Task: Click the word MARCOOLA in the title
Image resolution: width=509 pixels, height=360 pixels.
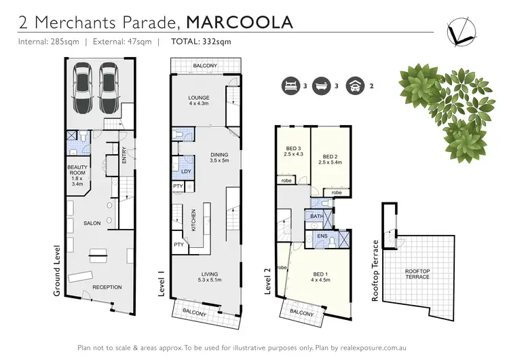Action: (x=240, y=22)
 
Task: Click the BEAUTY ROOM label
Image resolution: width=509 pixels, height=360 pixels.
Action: (x=77, y=175)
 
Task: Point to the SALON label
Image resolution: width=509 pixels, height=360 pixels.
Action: (x=92, y=223)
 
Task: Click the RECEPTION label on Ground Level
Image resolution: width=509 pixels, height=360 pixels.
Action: (x=107, y=287)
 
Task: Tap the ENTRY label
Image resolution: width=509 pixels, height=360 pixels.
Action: (x=124, y=156)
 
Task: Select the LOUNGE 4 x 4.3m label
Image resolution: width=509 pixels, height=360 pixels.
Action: (x=199, y=101)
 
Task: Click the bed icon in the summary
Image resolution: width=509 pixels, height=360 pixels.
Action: (x=290, y=86)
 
